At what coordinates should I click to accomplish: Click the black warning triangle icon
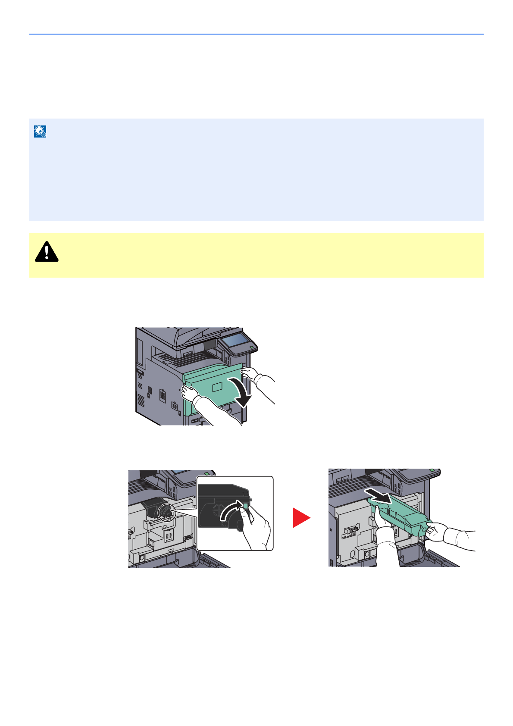tap(47, 252)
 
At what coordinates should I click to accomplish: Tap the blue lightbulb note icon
tap(40, 131)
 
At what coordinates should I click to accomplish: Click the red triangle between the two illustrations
tap(300, 517)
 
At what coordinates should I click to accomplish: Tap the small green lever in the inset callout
tap(246, 505)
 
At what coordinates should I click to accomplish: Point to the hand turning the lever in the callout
tap(256, 528)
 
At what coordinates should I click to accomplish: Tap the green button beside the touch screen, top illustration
tap(252, 347)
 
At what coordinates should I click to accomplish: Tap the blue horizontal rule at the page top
tap(256, 34)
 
